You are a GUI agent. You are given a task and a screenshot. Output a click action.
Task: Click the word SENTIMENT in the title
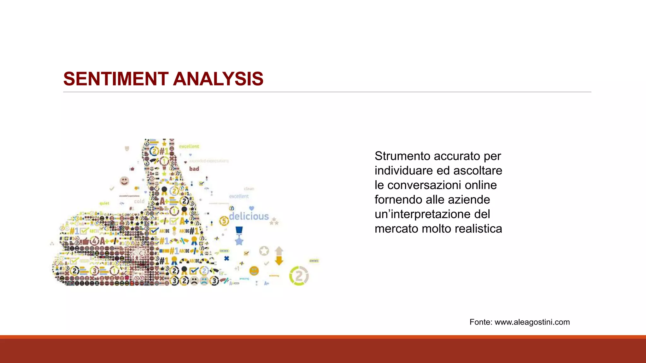click(x=116, y=79)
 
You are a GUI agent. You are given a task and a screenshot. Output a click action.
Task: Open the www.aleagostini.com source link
click(x=532, y=322)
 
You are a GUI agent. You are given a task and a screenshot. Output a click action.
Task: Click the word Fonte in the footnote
click(x=480, y=322)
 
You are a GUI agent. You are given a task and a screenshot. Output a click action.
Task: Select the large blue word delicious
click(x=249, y=216)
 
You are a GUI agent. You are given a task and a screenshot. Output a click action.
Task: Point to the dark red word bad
click(x=194, y=169)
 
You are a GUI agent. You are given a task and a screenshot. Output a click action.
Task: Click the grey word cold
click(x=139, y=201)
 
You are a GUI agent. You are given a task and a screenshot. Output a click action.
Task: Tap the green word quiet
click(x=104, y=204)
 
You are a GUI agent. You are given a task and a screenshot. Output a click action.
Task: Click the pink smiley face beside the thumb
click(x=124, y=181)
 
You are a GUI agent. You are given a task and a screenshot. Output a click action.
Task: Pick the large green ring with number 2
click(x=299, y=276)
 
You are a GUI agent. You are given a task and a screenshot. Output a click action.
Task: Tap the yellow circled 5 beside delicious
click(x=224, y=221)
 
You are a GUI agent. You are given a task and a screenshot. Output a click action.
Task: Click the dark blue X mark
click(x=226, y=258)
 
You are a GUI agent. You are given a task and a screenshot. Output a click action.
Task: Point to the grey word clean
click(x=249, y=189)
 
